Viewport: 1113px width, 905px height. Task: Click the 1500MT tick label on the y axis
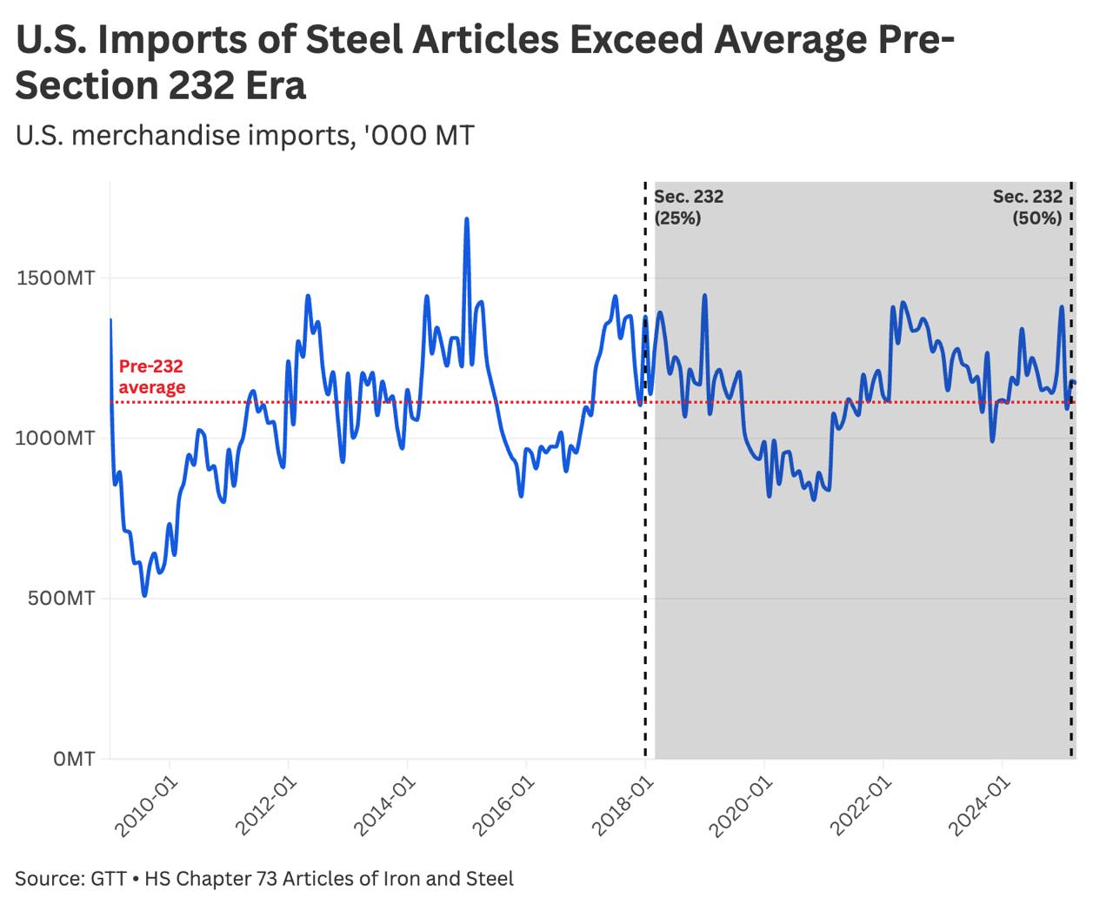(55, 278)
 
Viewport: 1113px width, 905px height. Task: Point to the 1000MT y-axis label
(55, 439)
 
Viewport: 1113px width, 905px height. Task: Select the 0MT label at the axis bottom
(73, 760)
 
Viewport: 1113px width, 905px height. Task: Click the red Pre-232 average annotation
(151, 377)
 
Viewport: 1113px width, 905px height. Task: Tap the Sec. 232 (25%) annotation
(689, 207)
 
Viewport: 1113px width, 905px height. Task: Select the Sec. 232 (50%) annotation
(1028, 207)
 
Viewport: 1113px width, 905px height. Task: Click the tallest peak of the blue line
(467, 219)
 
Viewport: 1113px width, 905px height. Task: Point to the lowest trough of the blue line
(144, 595)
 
